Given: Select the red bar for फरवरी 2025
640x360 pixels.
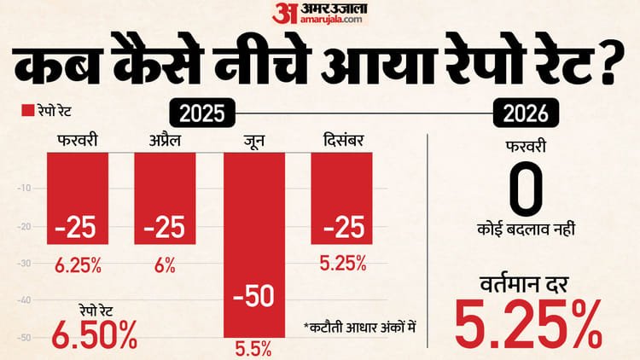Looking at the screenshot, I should [77, 198].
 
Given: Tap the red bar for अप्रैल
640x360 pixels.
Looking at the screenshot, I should [165, 198].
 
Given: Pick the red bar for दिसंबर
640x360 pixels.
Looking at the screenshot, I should [341, 198].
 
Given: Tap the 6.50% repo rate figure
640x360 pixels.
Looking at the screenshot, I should [94, 334].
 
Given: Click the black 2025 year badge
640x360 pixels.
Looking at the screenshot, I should [204, 111].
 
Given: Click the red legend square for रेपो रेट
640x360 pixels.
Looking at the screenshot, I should [25, 111].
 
